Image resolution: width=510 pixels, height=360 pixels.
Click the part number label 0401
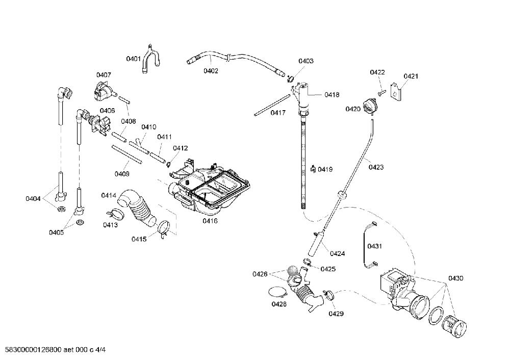pos(133,59)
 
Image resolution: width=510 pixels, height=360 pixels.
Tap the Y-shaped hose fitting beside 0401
pos(151,59)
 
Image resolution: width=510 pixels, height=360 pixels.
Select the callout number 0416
pos(210,221)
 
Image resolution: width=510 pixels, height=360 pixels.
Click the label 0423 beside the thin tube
pos(376,167)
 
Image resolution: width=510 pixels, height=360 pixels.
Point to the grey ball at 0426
pos(292,271)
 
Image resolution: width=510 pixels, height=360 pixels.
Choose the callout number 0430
pos(455,278)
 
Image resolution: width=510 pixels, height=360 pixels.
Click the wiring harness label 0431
pos(374,246)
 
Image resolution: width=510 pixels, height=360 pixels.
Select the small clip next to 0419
pos(313,169)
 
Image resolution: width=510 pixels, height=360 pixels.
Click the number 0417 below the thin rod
pos(278,113)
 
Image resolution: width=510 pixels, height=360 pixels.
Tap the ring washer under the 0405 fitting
pos(80,223)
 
